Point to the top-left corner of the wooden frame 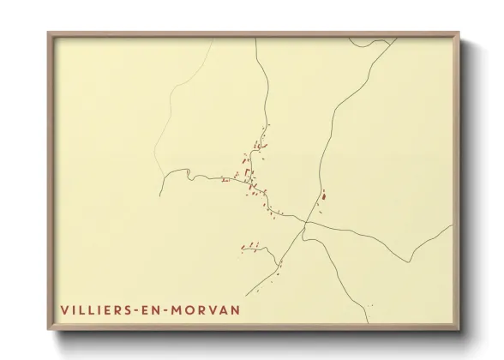[x=48, y=33]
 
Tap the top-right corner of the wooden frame [x=459, y=33]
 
